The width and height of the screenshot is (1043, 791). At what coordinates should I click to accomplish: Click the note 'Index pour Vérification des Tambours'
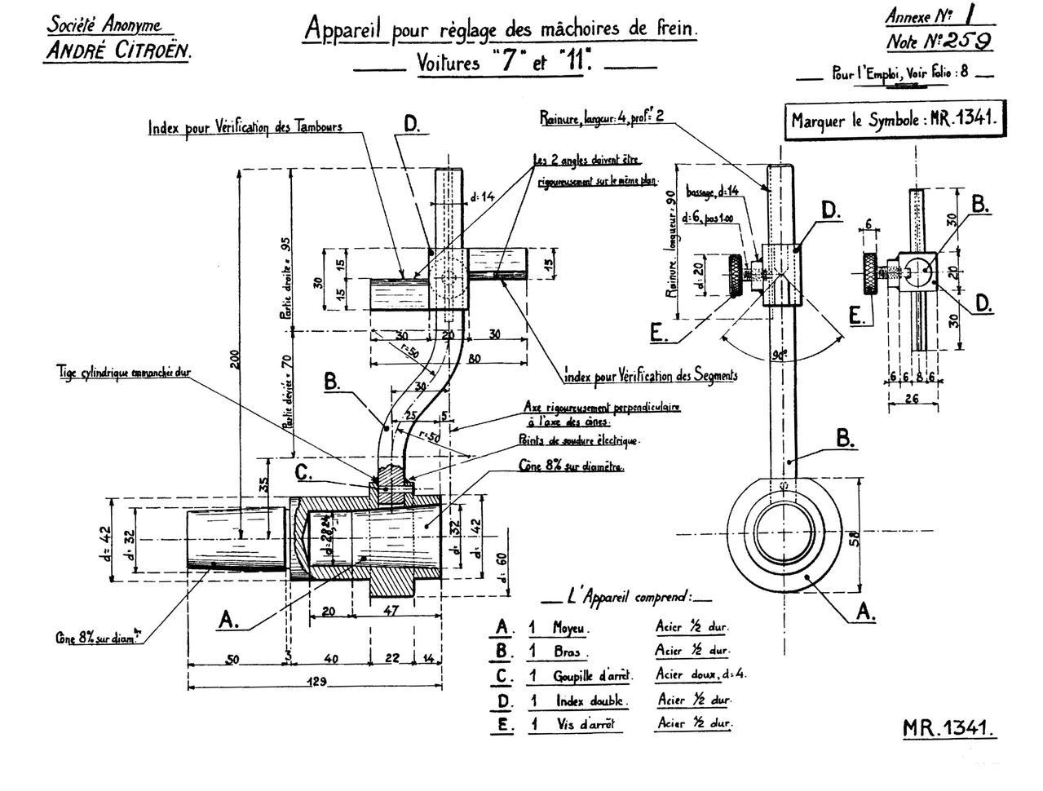point(245,128)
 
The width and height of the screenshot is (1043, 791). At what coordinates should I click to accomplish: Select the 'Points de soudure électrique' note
point(579,440)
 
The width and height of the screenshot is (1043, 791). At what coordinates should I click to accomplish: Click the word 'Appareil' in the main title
point(345,29)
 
